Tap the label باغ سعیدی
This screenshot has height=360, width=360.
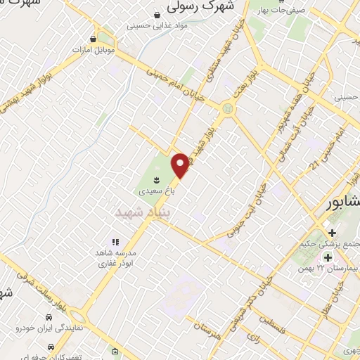pyautogui.click(x=153, y=191)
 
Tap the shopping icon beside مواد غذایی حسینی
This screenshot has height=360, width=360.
pyautogui.click(x=158, y=13)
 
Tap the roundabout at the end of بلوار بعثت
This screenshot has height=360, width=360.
pyautogui.click(x=228, y=108)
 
